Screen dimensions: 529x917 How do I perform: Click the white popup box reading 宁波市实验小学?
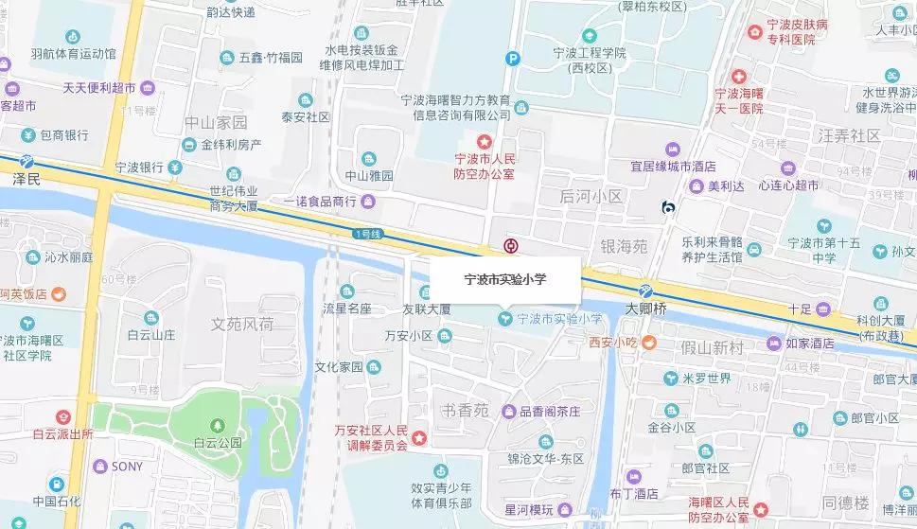(x=505, y=280)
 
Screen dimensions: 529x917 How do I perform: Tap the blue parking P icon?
(x=513, y=58)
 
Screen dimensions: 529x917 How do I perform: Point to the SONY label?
(x=127, y=467)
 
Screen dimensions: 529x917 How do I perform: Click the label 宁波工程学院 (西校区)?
(x=591, y=60)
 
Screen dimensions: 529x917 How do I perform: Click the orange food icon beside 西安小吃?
(x=649, y=343)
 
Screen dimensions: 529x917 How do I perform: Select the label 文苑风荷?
(x=242, y=325)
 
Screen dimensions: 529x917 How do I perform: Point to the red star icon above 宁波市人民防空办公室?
(x=484, y=140)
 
